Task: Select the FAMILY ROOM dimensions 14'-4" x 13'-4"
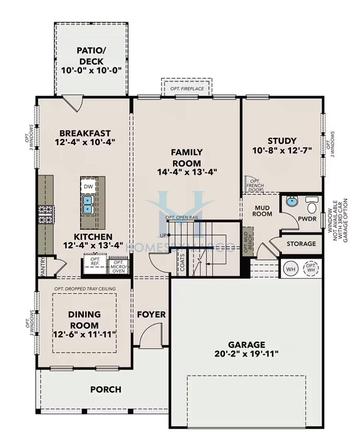click(x=185, y=172)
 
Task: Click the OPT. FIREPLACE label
click(x=187, y=90)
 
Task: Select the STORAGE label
click(x=300, y=243)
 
